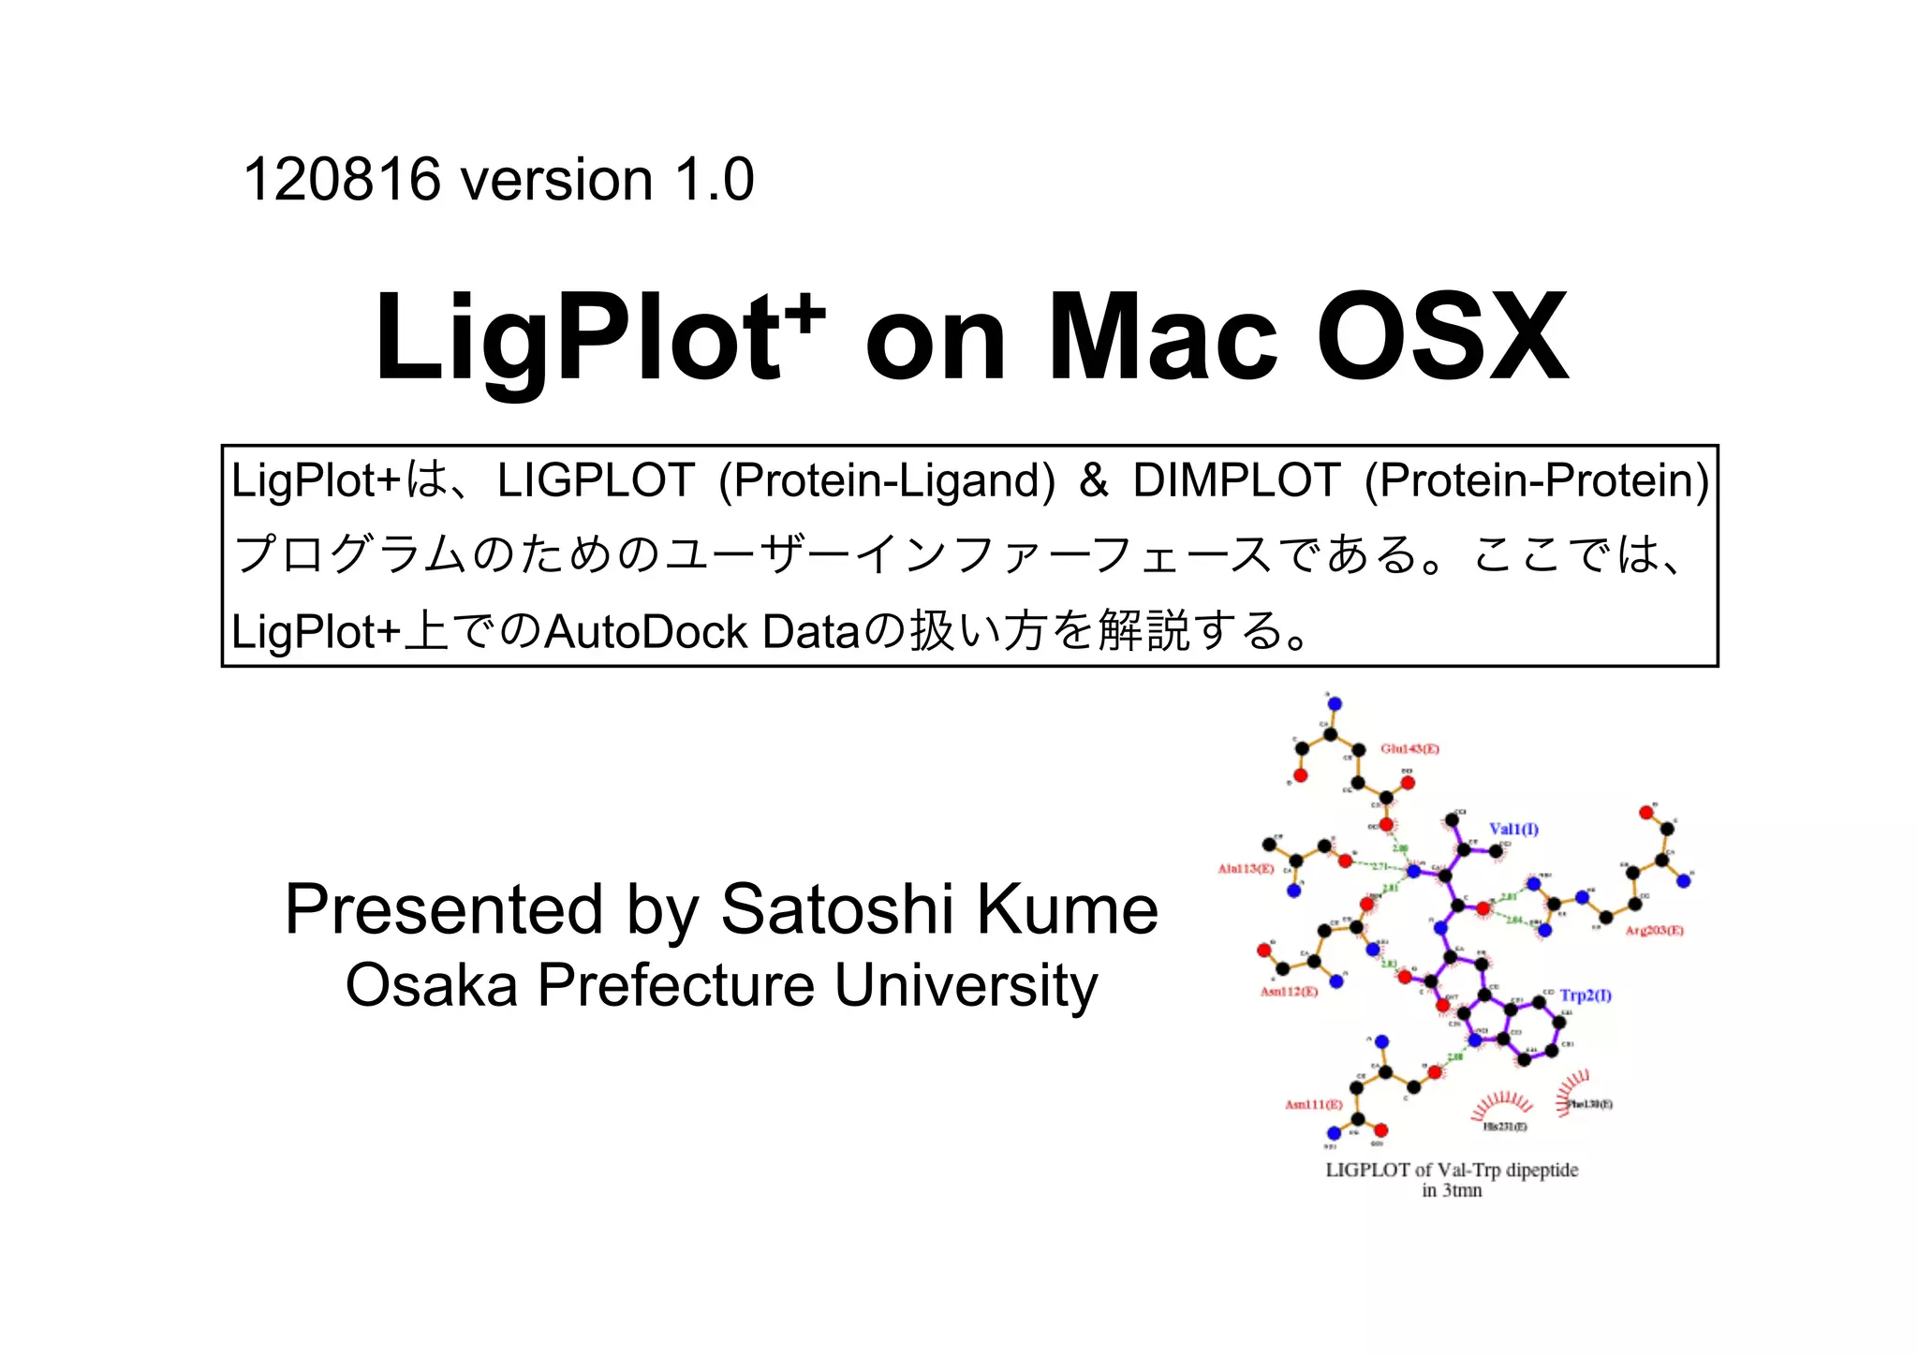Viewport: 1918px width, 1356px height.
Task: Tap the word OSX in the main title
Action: coord(1442,339)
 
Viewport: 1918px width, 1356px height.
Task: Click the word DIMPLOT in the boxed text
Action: coord(1236,480)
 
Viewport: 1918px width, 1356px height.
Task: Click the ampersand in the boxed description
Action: coord(1094,480)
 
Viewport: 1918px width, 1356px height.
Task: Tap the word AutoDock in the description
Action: coord(645,632)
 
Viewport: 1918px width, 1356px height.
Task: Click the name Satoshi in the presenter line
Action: coord(836,909)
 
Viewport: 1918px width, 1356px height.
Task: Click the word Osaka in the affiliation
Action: coord(431,985)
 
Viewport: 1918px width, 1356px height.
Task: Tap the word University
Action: coord(966,985)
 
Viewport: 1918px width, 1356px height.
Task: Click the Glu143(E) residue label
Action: coord(1409,749)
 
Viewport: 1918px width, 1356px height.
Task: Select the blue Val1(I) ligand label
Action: coord(1513,829)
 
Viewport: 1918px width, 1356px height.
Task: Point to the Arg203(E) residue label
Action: coord(1654,930)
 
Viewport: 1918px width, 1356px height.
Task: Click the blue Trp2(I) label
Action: coord(1585,995)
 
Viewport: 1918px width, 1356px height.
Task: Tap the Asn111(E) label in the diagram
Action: coord(1313,1105)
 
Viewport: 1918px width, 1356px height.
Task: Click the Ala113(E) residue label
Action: coord(1246,869)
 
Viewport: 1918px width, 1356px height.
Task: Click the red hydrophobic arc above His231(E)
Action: coord(1501,1102)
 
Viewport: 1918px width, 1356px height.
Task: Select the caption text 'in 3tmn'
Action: coord(1452,1191)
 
